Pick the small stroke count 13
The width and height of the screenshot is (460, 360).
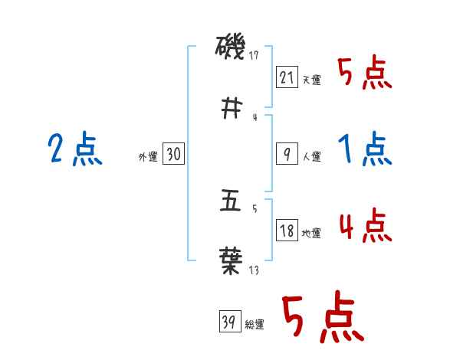pyautogui.click(x=254, y=269)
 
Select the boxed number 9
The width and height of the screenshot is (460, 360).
pyautogui.click(x=285, y=154)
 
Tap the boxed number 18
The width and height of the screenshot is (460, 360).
pyautogui.click(x=286, y=231)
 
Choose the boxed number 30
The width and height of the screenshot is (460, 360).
pyautogui.click(x=174, y=154)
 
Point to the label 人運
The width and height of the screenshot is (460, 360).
pyautogui.click(x=311, y=157)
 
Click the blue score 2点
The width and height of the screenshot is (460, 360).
pyautogui.click(x=74, y=149)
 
